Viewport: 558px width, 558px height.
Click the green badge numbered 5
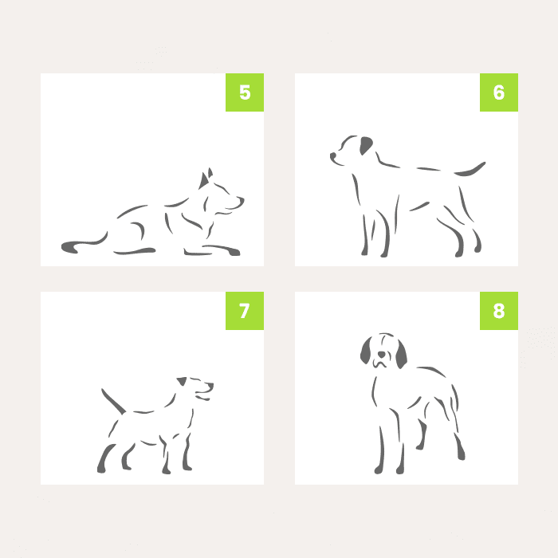pyautogui.click(x=245, y=92)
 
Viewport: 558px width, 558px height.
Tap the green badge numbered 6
pyautogui.click(x=498, y=92)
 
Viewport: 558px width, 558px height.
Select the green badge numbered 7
pyautogui.click(x=245, y=311)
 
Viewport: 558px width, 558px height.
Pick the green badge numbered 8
pyautogui.click(x=498, y=311)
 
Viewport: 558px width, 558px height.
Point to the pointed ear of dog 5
pyautogui.click(x=203, y=180)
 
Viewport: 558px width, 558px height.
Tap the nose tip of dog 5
pyautogui.click(x=242, y=199)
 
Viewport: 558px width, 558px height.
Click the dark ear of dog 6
pyautogui.click(x=365, y=145)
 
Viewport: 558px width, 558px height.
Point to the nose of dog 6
pyautogui.click(x=333, y=156)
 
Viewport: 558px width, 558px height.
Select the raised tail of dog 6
pyautogui.click(x=470, y=170)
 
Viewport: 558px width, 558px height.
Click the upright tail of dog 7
pyautogui.click(x=113, y=402)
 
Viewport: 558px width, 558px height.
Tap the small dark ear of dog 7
pyautogui.click(x=182, y=381)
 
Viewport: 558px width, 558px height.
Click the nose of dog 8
pyautogui.click(x=381, y=354)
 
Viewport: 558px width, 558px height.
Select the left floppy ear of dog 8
pyautogui.click(x=366, y=351)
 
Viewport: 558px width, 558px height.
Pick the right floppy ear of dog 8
pyautogui.click(x=401, y=355)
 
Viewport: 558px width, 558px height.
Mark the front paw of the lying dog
pyautogui.click(x=234, y=252)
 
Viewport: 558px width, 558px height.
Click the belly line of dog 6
pyautogui.click(x=419, y=206)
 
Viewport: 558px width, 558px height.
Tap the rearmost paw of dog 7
pyautogui.click(x=101, y=470)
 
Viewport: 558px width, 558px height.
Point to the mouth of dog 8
pyautogui.click(x=379, y=364)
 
